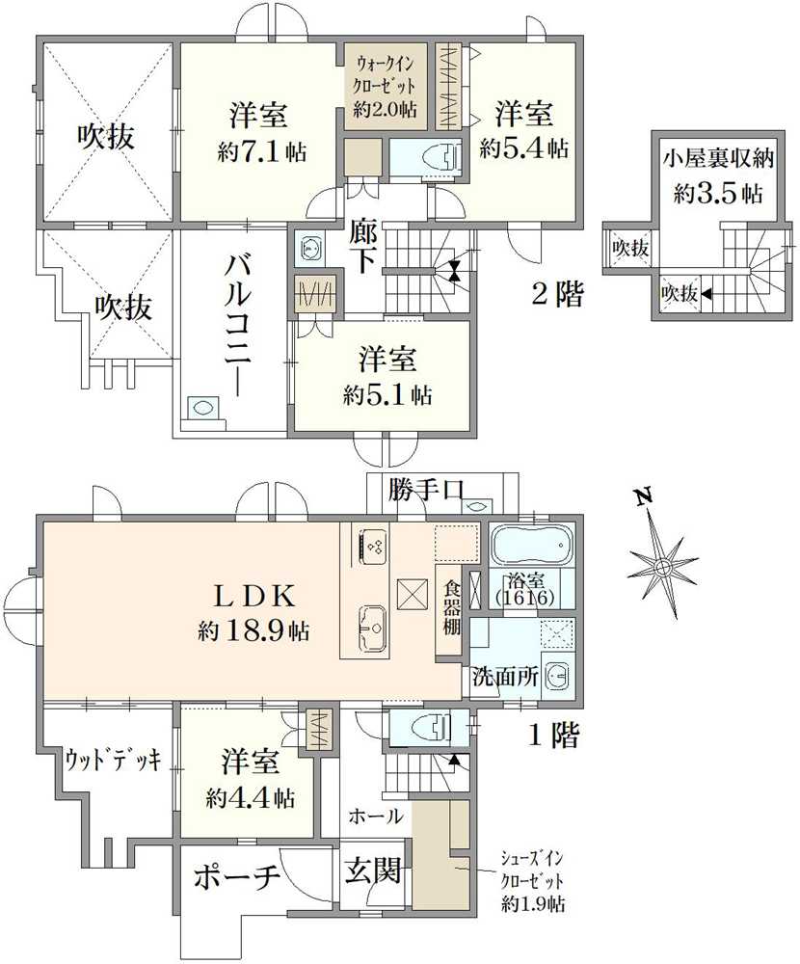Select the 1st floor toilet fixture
439,729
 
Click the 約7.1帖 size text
262,150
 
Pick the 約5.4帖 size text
524,147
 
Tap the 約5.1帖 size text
387,394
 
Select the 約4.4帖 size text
251,797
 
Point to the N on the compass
644,496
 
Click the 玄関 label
373,871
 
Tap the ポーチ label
237,878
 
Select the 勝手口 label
425,490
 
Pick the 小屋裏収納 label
718,158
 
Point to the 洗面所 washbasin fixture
558,676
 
